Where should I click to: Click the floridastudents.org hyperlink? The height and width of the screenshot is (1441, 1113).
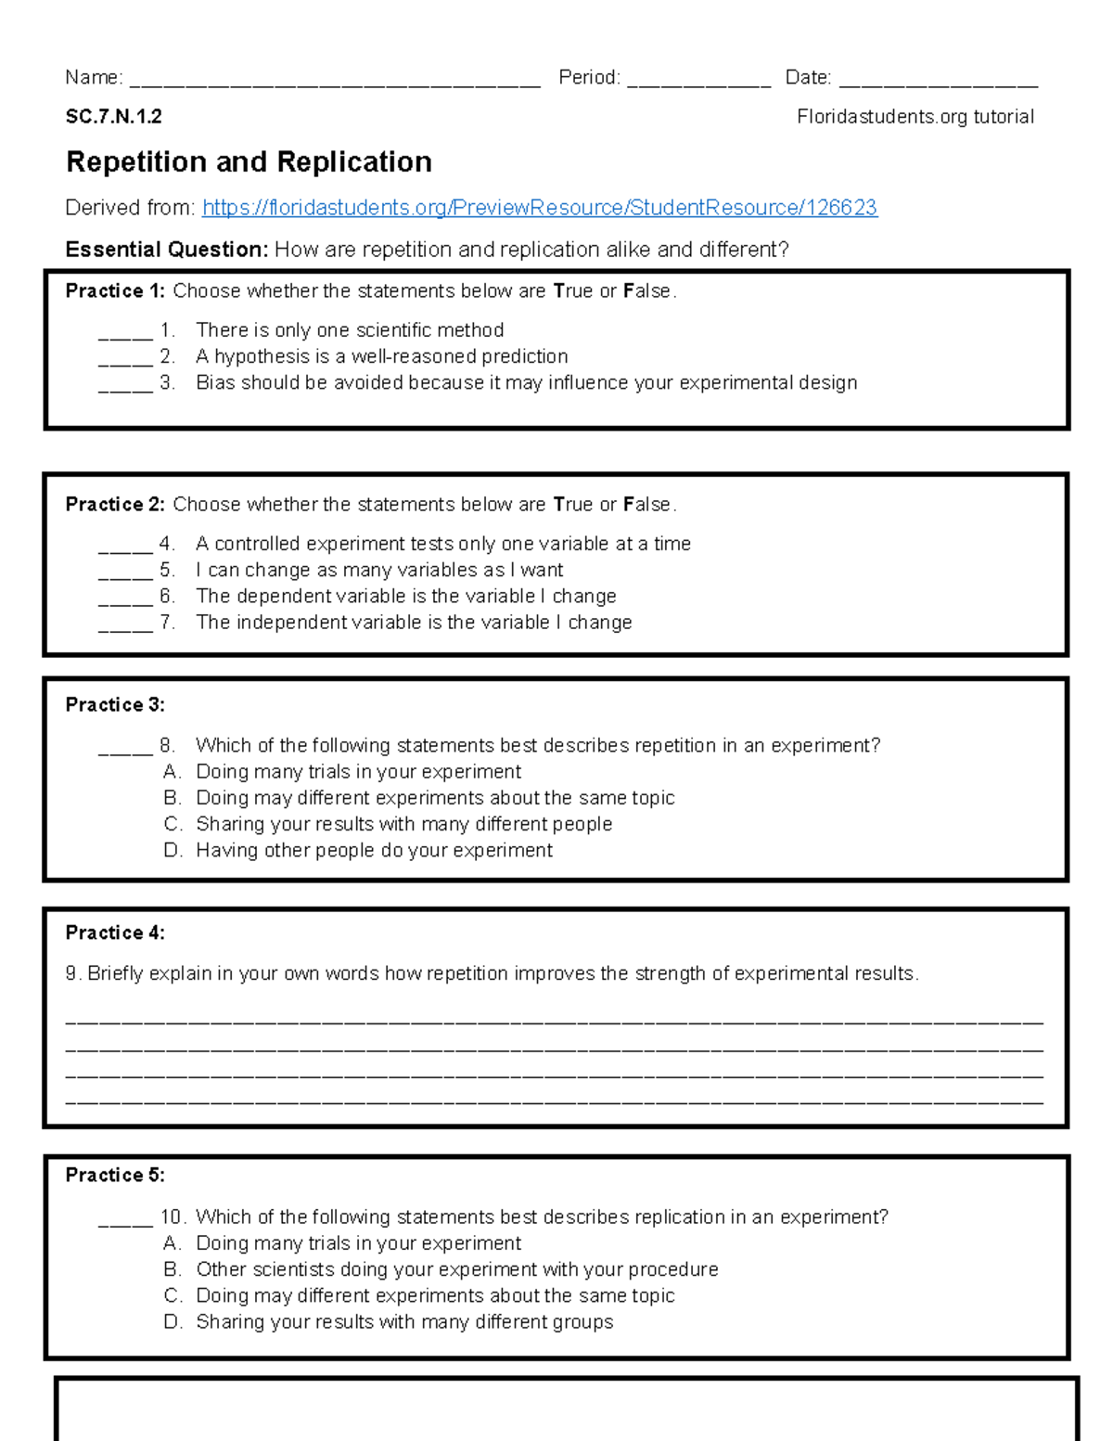pos(539,208)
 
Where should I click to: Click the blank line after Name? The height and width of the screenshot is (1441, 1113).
pos(335,82)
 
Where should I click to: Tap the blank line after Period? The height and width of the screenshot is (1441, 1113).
pos(698,82)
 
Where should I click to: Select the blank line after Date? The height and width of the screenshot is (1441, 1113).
pos(938,82)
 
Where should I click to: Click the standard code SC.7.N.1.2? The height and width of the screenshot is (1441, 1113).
pos(113,117)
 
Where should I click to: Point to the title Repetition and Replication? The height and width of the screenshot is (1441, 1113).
pos(249,162)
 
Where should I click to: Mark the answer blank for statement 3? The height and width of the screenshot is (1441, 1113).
pos(125,388)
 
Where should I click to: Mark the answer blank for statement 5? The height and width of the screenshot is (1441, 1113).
pos(125,575)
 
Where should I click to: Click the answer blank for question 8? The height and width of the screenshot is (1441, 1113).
pos(125,751)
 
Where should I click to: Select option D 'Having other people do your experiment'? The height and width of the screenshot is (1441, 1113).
pos(374,851)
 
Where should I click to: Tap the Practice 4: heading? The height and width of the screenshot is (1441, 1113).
pos(115,933)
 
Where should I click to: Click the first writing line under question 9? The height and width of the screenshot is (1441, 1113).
pos(555,1021)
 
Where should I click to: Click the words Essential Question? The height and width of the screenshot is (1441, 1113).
pos(167,250)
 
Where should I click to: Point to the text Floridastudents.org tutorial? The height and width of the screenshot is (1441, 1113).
pos(915,117)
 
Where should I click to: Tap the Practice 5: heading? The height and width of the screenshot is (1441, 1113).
pos(115,1176)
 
